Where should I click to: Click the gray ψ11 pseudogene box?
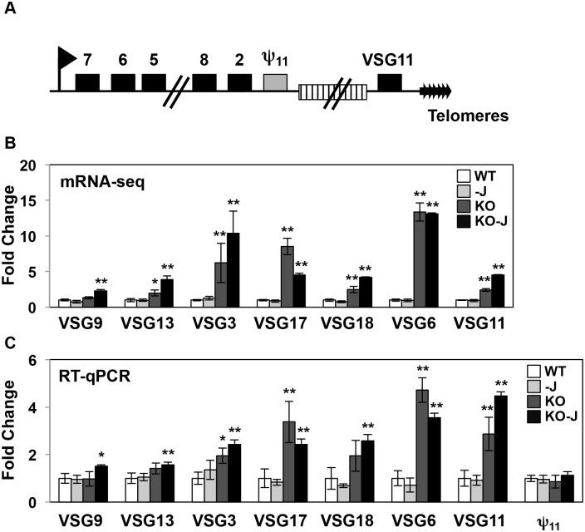click(275, 81)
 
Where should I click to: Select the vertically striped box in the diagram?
click(332, 91)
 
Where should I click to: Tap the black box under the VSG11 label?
click(389, 81)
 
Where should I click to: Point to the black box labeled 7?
click(87, 81)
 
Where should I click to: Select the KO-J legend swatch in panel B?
click(463, 220)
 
